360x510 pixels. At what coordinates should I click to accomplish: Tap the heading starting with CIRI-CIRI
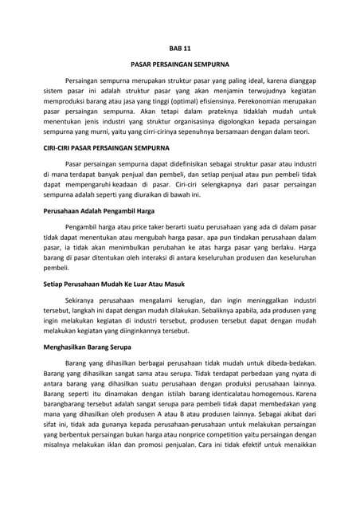point(115,149)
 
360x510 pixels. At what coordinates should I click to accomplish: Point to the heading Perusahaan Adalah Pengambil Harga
point(97,211)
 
